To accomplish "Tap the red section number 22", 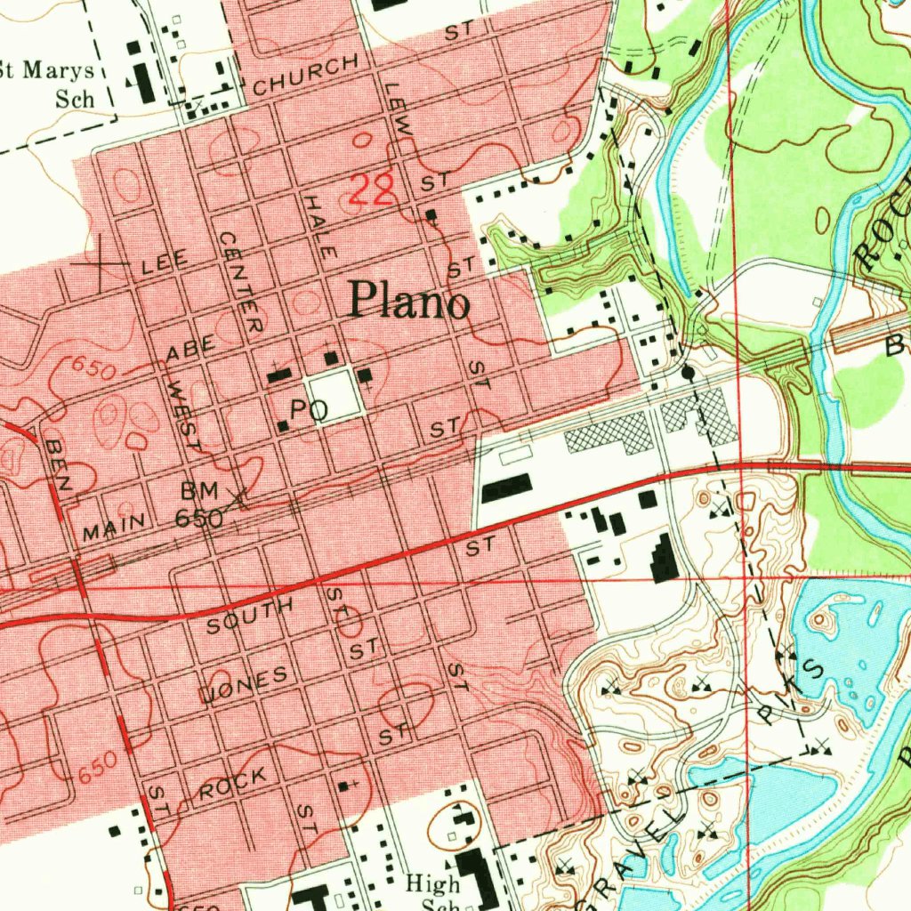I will pyautogui.click(x=371, y=190).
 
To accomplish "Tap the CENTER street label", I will pyautogui.click(x=241, y=283).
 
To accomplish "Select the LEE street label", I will pyautogui.click(x=165, y=261).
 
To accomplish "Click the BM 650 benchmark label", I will pyautogui.click(x=199, y=504).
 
